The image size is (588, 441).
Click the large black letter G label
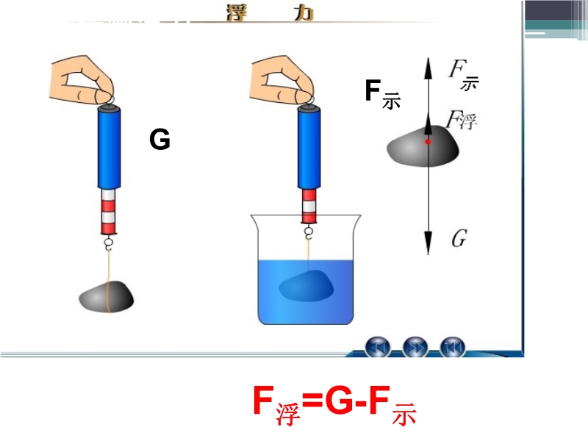(x=159, y=139)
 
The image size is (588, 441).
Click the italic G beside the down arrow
(x=459, y=238)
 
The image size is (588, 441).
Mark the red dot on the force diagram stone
(x=427, y=140)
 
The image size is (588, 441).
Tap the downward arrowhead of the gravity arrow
(x=427, y=243)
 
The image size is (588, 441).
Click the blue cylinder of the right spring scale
(x=309, y=148)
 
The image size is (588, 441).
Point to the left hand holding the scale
(x=87, y=76)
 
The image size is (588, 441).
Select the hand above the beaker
(x=283, y=76)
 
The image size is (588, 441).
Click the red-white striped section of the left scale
(x=109, y=210)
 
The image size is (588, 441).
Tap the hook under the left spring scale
(x=109, y=242)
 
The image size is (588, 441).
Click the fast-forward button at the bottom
(x=415, y=345)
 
